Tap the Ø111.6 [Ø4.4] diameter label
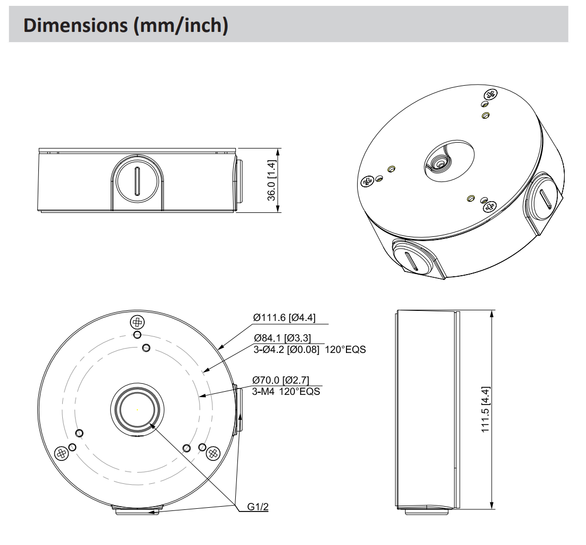pos(284,318)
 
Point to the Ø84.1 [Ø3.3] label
pos(282,338)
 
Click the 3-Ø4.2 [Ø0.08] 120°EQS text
pos(309,350)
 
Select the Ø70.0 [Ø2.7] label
pos(280,380)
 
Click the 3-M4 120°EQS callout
pos(286,392)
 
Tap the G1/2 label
pos(258,507)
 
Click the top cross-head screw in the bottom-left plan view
pos(137,322)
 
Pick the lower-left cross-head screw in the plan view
pos(62,453)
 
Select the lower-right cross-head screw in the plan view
pos(213,453)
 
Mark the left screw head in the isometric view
pos(367,182)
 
